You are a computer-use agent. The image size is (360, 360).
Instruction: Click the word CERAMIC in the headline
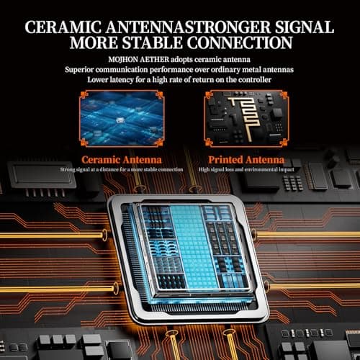(x=63, y=27)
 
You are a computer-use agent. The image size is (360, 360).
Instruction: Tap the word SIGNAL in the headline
(x=305, y=27)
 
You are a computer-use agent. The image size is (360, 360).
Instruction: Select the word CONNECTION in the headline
(x=240, y=42)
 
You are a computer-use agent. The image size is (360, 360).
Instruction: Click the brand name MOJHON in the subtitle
(x=123, y=60)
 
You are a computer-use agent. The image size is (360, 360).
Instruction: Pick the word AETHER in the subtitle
(x=154, y=60)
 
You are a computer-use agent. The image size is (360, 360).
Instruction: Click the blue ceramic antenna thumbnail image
(x=122, y=118)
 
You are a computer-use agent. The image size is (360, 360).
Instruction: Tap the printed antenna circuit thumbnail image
(x=246, y=118)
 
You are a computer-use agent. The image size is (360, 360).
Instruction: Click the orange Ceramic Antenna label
(x=122, y=160)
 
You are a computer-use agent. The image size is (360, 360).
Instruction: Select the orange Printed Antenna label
(x=246, y=160)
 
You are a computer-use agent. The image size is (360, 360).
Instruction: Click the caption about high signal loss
(x=246, y=170)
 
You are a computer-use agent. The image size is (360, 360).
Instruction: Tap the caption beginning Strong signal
(x=122, y=170)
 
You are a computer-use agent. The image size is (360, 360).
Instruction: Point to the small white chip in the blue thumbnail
(x=120, y=120)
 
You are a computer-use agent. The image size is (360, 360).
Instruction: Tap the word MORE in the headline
(x=94, y=42)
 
